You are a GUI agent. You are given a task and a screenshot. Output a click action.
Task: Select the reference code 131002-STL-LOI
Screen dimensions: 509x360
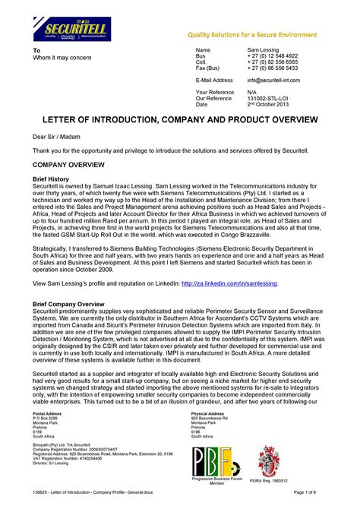coord(270,98)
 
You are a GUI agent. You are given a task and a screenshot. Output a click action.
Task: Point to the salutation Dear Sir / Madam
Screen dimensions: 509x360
coord(55,137)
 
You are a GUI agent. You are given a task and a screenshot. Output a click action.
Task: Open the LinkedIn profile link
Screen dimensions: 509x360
coord(229,283)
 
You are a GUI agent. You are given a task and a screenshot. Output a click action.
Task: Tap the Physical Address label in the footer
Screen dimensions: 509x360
coord(210,413)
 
